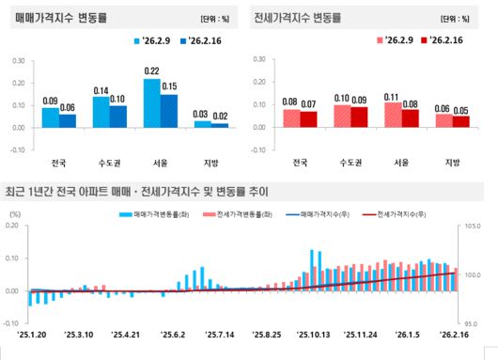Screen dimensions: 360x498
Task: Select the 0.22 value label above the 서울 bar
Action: point(151,71)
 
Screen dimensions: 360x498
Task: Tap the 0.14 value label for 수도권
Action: point(101,90)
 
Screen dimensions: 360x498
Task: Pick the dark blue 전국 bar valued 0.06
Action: point(67,120)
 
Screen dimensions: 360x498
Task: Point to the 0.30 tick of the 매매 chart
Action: point(20,60)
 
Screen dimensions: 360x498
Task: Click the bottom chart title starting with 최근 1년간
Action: point(136,191)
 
